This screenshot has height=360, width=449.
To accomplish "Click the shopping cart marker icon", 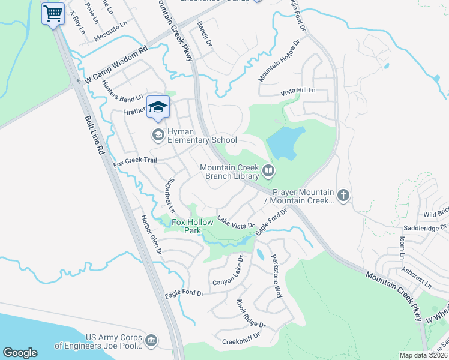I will (53, 13).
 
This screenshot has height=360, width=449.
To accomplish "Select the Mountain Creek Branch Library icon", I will (268, 172).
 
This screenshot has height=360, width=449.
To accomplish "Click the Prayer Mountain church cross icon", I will (343, 195).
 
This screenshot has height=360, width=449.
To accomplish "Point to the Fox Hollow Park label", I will (193, 226).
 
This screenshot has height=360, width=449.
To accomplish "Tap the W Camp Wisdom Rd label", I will (116, 66).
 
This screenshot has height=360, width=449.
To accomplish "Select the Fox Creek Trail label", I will (135, 161).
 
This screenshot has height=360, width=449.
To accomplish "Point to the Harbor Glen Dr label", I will (151, 234).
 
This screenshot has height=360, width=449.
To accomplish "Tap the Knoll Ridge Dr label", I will (250, 314).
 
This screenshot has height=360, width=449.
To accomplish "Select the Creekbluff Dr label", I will (244, 338).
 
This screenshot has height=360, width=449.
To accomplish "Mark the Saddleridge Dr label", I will (425, 228).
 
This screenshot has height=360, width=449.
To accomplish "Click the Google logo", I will (20, 353).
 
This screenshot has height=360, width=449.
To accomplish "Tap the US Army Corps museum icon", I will (151, 341).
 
